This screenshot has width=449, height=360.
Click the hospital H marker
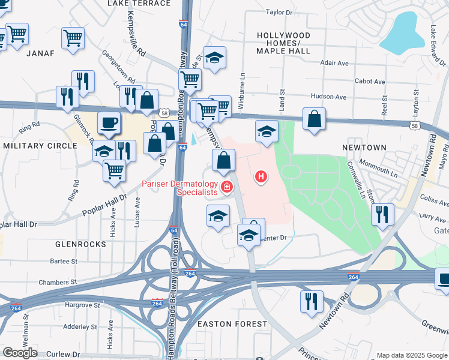click(x=261, y=176)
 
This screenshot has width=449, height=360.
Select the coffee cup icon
click(x=109, y=122)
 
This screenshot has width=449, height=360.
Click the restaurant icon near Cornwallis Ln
click(x=382, y=214)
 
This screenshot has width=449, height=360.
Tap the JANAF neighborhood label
click(x=40, y=53)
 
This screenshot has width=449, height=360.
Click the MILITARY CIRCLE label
click(x=33, y=146)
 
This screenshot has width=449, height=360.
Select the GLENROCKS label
click(x=80, y=245)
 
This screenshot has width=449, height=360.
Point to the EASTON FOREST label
click(x=232, y=324)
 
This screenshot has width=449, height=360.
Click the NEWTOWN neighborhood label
click(x=364, y=148)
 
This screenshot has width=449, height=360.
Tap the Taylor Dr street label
click(x=279, y=12)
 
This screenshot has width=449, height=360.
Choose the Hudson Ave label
click(x=328, y=97)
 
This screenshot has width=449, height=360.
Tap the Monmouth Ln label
click(x=378, y=167)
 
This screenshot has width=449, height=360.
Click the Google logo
click(x=20, y=353)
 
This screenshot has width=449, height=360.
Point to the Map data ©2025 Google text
click(x=411, y=355)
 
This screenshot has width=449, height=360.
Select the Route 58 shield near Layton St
click(x=414, y=125)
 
